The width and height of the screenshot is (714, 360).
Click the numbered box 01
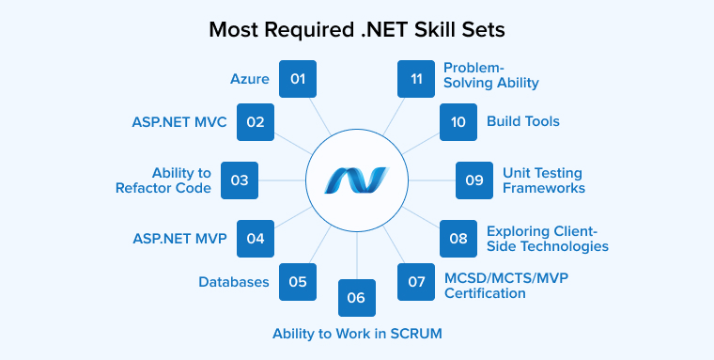[x=298, y=79]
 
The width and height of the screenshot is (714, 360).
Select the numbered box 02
[x=256, y=121]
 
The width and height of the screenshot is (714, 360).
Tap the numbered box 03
[x=239, y=180]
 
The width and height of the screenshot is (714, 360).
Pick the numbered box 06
[x=356, y=298]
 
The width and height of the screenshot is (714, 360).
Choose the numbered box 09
[x=474, y=180]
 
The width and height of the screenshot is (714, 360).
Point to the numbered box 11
[x=415, y=79]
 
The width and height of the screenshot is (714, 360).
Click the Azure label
[x=250, y=79]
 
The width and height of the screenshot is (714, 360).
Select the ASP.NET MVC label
[x=179, y=122]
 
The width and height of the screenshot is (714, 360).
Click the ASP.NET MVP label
[x=179, y=238]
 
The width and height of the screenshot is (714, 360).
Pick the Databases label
[x=234, y=281]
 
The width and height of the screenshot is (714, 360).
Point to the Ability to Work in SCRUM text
[x=357, y=334]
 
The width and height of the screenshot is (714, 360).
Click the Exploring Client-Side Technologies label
[x=547, y=238]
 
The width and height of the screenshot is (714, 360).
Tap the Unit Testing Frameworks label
[x=543, y=180]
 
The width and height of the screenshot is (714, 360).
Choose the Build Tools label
[x=522, y=121]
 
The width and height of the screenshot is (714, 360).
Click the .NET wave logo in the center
[x=357, y=180]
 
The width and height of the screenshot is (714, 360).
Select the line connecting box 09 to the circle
[x=431, y=180]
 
